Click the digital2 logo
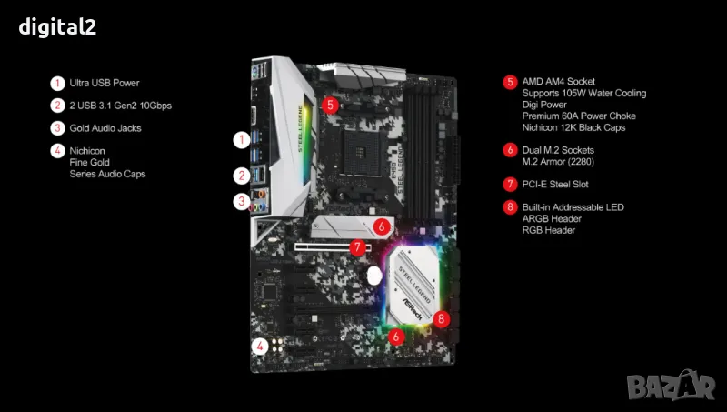coord(57,27)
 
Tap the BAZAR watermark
coord(671,385)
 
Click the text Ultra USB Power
coord(105,83)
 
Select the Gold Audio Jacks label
coord(105,128)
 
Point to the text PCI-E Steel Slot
coord(555,185)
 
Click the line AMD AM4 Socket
coord(558,82)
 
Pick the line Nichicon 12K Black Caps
coord(573,127)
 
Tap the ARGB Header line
coord(552,218)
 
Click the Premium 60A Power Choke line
coord(579,116)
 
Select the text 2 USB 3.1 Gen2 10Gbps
coord(121,106)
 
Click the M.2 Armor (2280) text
coord(558,162)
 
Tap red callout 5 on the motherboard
coord(330,105)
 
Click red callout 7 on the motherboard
coord(357,247)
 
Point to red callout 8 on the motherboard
coord(441,318)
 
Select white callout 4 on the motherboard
coord(260,347)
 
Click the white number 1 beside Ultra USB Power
coord(57,83)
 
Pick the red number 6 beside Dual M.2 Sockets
coord(510,150)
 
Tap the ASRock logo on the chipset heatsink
coord(413,308)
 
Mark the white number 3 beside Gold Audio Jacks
coord(57,128)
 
